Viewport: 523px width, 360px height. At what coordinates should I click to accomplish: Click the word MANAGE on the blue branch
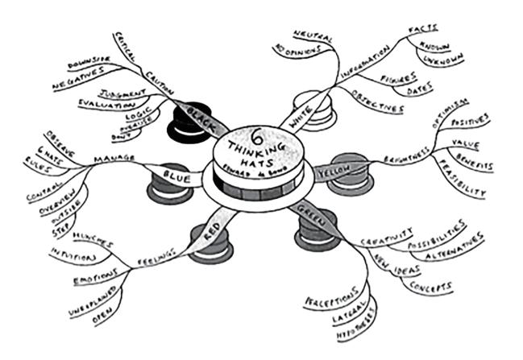[114, 159]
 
